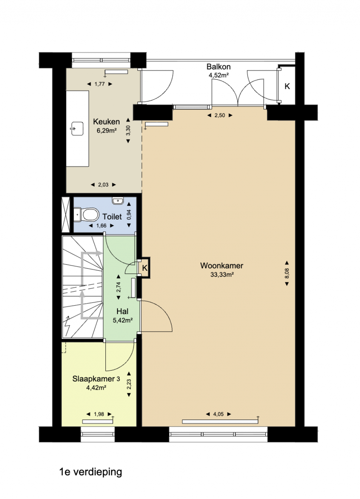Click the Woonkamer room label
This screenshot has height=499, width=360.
[x=221, y=266]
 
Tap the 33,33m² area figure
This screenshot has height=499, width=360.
[x=222, y=275]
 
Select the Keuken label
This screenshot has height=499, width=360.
[x=106, y=122]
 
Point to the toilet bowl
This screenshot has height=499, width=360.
[x=90, y=215]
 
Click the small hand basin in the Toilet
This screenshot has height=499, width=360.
[x=118, y=201]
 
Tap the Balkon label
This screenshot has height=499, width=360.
[x=218, y=66]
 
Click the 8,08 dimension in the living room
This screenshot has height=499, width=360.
[x=287, y=273]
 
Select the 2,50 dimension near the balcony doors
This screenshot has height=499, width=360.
[x=219, y=115]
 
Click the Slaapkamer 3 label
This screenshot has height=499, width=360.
[x=96, y=379]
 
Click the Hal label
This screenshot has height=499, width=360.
[x=122, y=311]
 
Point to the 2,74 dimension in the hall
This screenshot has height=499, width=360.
[x=118, y=287]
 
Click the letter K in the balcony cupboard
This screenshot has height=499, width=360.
[x=287, y=86]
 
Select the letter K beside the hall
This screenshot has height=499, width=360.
[x=144, y=268]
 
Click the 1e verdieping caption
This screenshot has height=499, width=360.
[x=91, y=472]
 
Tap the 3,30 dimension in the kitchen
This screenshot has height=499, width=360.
[x=128, y=130]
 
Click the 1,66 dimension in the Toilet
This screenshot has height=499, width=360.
[x=101, y=226]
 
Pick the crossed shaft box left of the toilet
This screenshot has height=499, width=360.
[x=66, y=215]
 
